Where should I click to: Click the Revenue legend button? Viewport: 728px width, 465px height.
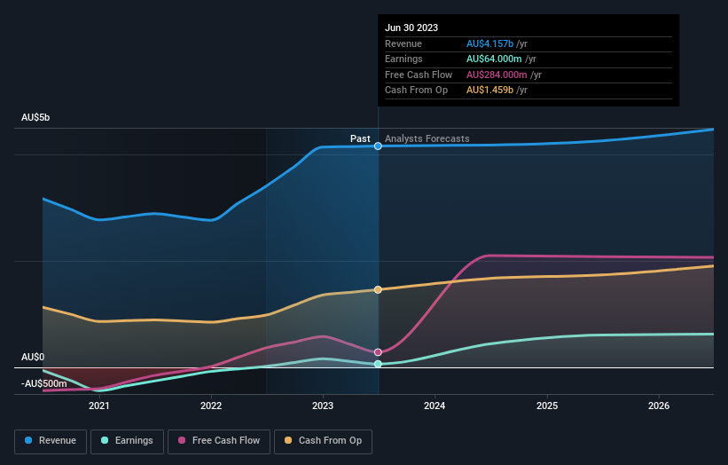(51, 440)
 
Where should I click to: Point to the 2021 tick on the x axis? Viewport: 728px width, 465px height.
(99, 406)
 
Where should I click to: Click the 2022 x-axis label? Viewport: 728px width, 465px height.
(211, 406)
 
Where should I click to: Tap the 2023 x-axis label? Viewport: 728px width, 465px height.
(323, 406)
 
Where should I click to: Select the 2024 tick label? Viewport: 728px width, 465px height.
(435, 406)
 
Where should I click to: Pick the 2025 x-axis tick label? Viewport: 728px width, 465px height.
(547, 406)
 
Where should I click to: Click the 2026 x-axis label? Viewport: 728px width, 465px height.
(659, 406)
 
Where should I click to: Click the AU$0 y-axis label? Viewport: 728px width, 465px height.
(33, 358)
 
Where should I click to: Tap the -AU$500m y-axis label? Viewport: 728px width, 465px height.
(43, 383)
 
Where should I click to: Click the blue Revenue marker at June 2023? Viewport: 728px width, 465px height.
(379, 146)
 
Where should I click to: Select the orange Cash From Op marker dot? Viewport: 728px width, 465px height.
(379, 289)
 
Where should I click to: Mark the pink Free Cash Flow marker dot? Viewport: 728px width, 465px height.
(379, 352)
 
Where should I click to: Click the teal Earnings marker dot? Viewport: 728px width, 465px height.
(379, 364)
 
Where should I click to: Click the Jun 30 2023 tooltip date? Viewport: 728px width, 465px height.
(411, 28)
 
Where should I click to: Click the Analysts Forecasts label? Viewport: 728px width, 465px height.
(427, 139)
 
